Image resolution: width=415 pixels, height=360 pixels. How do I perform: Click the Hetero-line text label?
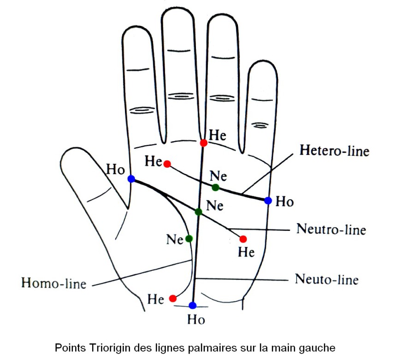click(334, 150)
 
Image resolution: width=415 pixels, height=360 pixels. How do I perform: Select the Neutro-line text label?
click(331, 229)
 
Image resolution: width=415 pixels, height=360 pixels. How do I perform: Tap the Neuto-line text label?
click(326, 279)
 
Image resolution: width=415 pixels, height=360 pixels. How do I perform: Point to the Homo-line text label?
click(54, 283)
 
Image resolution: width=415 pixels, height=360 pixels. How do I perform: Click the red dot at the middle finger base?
click(203, 143)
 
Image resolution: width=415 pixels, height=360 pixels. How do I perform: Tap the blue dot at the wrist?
click(193, 305)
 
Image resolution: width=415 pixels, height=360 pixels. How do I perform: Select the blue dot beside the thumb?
click(131, 179)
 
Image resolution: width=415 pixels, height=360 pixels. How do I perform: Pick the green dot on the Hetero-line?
click(215, 187)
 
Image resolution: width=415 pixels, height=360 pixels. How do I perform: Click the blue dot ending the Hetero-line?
click(268, 200)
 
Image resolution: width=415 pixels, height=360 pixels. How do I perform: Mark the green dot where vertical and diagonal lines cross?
click(198, 212)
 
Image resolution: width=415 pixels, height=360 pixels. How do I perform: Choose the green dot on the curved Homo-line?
click(189, 238)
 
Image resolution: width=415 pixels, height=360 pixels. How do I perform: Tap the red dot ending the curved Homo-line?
click(173, 298)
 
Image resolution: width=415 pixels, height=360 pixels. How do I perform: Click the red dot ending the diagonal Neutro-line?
click(243, 239)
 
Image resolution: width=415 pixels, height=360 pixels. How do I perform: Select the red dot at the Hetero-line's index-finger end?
click(167, 164)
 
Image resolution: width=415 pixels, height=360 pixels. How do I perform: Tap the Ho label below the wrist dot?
click(196, 319)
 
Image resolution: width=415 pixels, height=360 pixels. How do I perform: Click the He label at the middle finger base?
click(218, 135)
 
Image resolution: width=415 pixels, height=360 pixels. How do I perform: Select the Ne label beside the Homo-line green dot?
click(175, 240)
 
